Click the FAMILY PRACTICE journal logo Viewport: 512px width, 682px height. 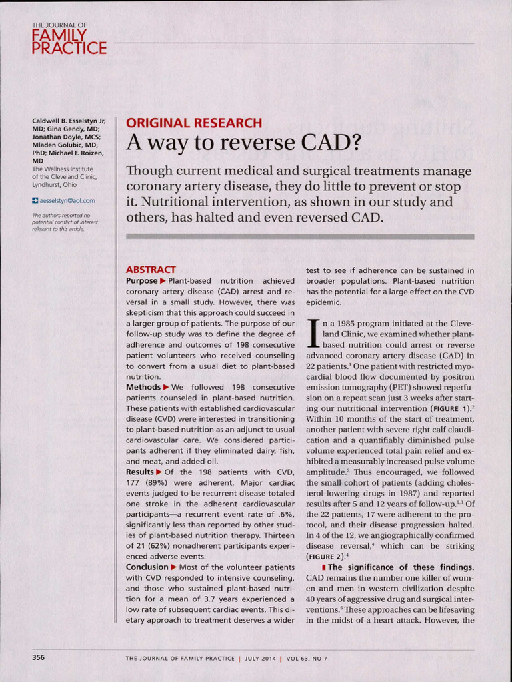pos(69,40)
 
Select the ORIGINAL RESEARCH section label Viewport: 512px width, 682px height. pos(194,123)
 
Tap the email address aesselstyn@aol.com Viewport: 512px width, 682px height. pos(67,200)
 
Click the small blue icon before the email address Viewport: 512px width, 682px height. pos(35,200)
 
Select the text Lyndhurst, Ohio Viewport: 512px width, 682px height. pos(55,184)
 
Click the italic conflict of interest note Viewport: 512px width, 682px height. pos(65,222)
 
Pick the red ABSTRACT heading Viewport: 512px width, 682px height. pos(151,270)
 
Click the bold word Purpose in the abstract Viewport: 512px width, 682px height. pos(141,281)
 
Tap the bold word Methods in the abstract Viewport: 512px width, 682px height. pos(143,387)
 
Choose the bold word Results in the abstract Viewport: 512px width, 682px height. pos(139,472)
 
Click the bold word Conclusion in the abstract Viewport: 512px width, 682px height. pos(147,567)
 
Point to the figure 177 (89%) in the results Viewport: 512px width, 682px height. pos(149,483)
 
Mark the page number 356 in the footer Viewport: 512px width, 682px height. pos(39,657)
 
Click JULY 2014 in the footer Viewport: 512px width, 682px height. pos(261,659)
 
